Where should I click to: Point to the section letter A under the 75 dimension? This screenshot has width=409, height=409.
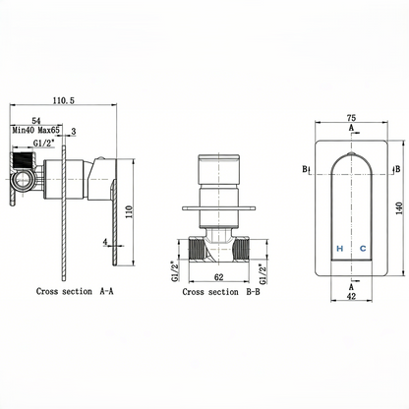pyautogui.click(x=351, y=127)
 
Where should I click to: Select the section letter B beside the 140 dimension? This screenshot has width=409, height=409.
pyautogui.click(x=395, y=169)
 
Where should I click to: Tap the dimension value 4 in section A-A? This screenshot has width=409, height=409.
pyautogui.click(x=104, y=239)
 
